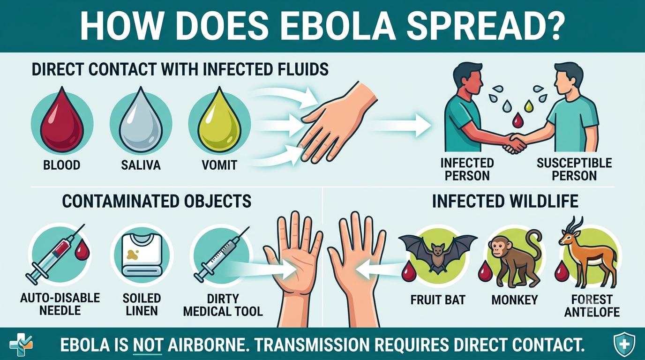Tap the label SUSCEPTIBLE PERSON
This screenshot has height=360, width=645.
574,169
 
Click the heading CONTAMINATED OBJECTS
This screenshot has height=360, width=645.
157,201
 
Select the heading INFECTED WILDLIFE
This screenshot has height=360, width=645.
505,201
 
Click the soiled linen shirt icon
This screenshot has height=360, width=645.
142,255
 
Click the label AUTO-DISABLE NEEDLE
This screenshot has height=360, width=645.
60,304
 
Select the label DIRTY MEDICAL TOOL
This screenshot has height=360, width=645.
223,305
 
